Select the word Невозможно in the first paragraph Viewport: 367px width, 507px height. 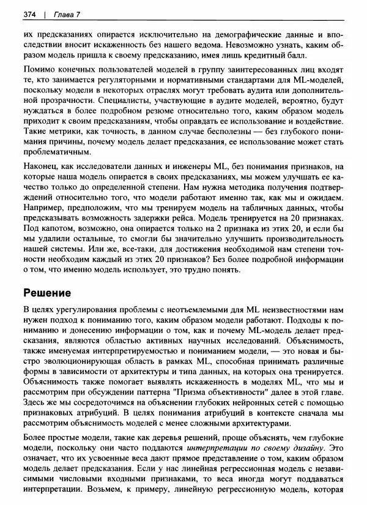(251, 45)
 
